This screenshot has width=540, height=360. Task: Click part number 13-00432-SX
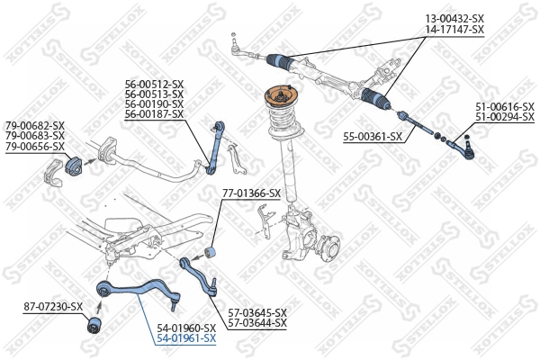454,19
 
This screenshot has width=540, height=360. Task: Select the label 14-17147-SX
454,30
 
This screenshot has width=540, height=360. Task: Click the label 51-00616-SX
506,106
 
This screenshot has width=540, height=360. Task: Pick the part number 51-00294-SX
506,117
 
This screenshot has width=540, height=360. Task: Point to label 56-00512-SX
154,84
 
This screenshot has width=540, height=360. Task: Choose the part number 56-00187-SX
154,114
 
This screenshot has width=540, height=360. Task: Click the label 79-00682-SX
35,125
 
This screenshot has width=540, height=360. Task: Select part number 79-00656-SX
35,146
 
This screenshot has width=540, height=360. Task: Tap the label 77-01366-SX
251,193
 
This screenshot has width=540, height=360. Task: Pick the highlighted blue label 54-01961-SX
186,338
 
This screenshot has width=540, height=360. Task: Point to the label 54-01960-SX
186,328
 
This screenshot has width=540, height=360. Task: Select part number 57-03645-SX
257,311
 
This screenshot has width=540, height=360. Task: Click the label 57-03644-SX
257,322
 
